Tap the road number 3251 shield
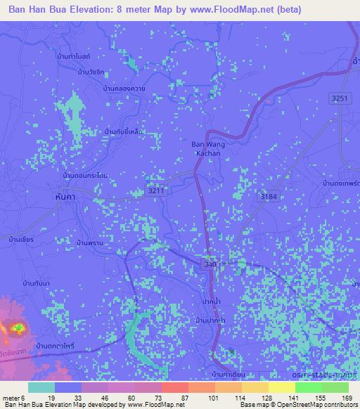pyautogui.click(x=341, y=100)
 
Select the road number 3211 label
pyautogui.click(x=157, y=190)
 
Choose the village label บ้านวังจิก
pyautogui.click(x=92, y=72)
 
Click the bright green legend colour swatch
pyautogui.click(x=307, y=387)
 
